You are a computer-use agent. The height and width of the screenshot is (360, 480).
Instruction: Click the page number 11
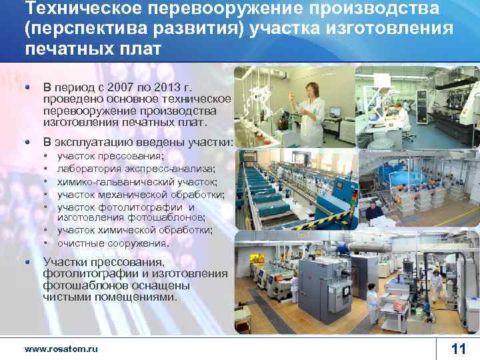click(x=458, y=349)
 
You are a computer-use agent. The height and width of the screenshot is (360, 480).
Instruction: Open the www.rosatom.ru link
click(x=61, y=349)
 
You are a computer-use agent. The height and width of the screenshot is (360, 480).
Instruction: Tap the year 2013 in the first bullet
click(x=175, y=87)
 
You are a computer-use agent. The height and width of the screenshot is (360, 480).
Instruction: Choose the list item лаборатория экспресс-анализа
click(x=127, y=169)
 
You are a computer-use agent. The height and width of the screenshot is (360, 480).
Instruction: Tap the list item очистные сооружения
click(x=113, y=243)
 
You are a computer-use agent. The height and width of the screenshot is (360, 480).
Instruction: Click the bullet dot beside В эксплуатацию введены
click(x=27, y=142)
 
